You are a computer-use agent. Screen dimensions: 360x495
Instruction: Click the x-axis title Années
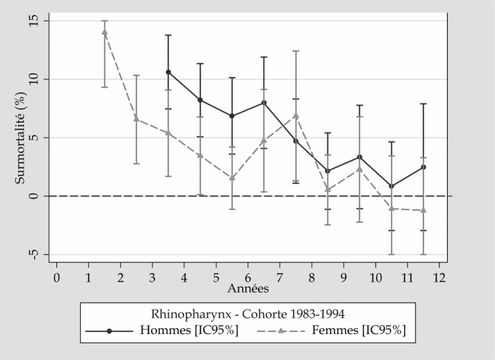tap(247, 289)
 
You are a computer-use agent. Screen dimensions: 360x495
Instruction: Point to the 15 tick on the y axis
tap(36, 21)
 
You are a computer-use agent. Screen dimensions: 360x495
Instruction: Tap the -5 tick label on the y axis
tap(36, 254)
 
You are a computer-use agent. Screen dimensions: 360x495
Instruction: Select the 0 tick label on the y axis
tap(36, 196)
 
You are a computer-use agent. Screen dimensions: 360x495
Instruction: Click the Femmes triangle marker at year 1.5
tap(104, 32)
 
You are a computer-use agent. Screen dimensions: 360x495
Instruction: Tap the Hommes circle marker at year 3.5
tap(168, 72)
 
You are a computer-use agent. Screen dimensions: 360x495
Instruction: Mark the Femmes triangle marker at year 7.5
tap(295, 116)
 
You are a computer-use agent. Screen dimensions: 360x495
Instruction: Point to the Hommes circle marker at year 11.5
tap(423, 167)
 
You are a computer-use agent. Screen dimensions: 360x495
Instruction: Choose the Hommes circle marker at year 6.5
tap(263, 103)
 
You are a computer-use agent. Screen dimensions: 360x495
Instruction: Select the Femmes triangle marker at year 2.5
tap(136, 119)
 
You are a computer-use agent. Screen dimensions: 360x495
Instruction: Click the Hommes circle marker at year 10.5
tap(391, 186)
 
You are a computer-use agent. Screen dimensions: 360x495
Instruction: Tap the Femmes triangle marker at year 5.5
tap(232, 177)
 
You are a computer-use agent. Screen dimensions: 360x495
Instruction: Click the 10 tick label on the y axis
tap(36, 79)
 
